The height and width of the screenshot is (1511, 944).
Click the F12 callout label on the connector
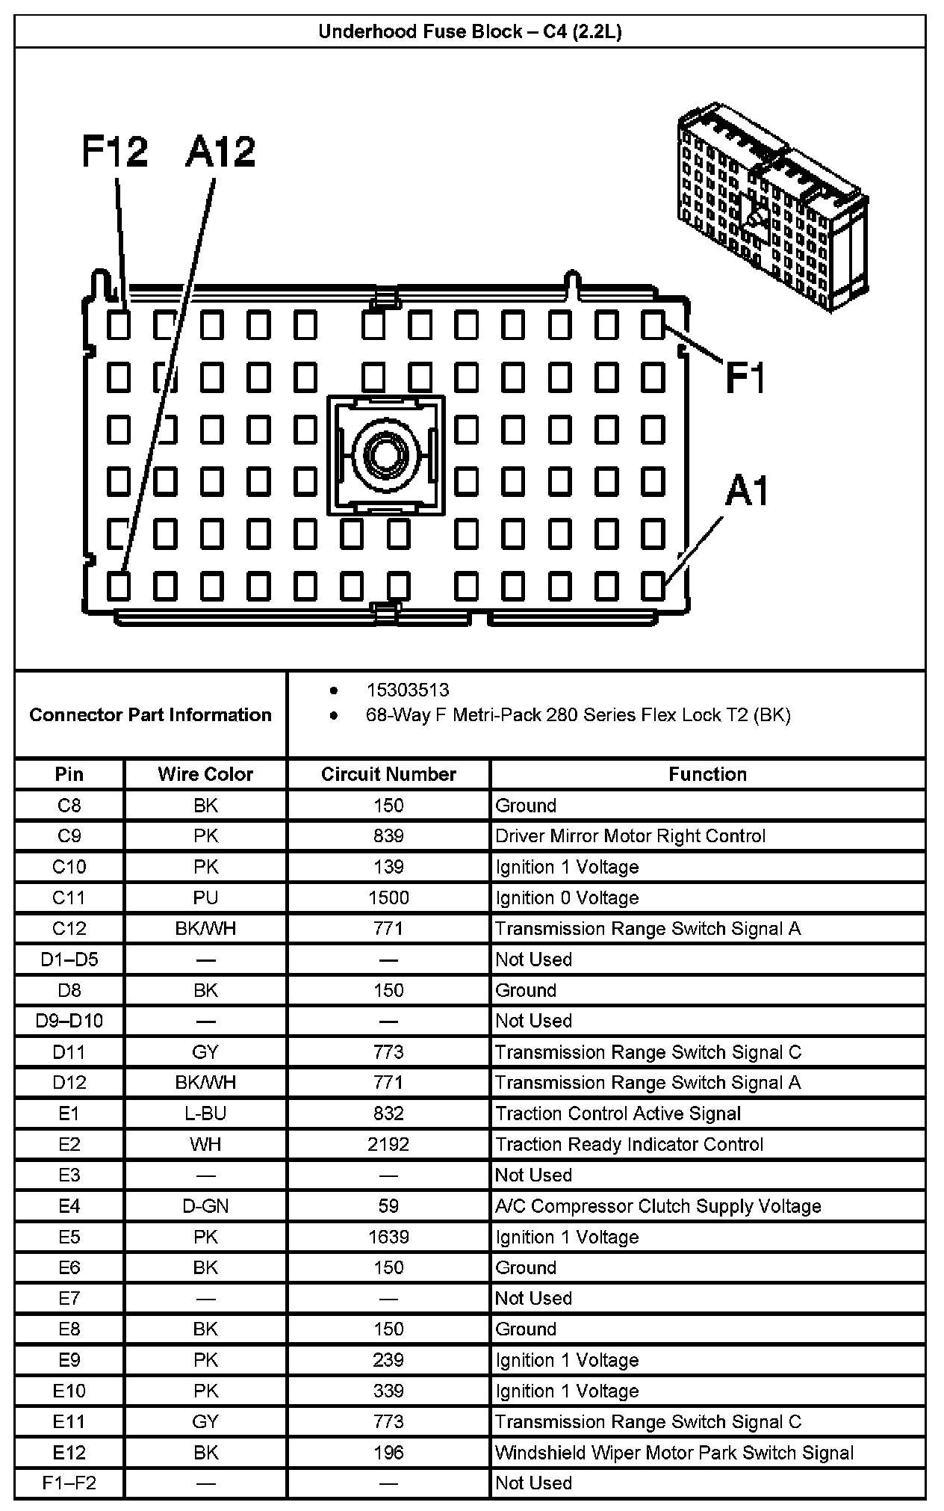point(114,152)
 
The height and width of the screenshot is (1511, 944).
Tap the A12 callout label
point(220,152)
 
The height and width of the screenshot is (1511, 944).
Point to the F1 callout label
point(746,378)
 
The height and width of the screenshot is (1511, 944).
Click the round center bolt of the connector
point(385,455)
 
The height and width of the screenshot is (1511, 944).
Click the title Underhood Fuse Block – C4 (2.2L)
point(470,32)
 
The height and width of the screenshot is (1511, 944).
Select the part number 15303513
point(407,690)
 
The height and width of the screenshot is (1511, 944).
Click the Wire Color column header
point(205,774)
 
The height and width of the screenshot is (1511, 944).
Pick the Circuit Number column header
point(388,774)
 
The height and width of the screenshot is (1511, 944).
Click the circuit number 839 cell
point(388,836)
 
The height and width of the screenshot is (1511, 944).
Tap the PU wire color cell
point(205,897)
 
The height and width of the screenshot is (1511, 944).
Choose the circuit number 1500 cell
point(388,897)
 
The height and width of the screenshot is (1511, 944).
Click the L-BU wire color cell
point(205,1113)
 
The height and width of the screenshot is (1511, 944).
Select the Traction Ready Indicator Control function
point(629,1144)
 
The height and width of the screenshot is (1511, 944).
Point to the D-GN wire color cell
point(205,1206)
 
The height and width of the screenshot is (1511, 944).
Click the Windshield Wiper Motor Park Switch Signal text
point(674,1453)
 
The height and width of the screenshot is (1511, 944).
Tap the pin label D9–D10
point(69,1021)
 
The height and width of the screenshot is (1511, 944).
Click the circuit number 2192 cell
point(388,1144)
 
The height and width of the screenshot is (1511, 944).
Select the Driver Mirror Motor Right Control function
point(630,836)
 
